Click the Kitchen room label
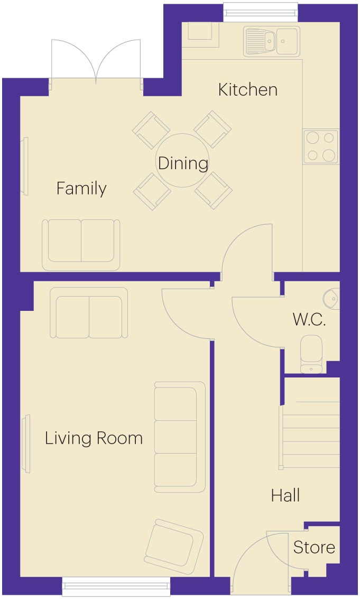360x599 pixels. tap(247, 89)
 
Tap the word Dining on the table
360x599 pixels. tap(183, 163)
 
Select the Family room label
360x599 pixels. tap(81, 188)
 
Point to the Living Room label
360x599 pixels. tap(94, 438)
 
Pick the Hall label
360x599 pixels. tap(285, 495)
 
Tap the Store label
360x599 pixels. tap(314, 547)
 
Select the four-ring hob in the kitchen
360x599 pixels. tap(321, 146)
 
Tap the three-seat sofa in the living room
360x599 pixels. tap(180, 437)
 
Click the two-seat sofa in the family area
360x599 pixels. tap(81, 245)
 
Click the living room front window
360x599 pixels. tap(116, 586)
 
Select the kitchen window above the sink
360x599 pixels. tap(261, 12)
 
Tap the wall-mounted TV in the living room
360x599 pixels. tap(25, 444)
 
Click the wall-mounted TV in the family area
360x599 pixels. tap(25, 167)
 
